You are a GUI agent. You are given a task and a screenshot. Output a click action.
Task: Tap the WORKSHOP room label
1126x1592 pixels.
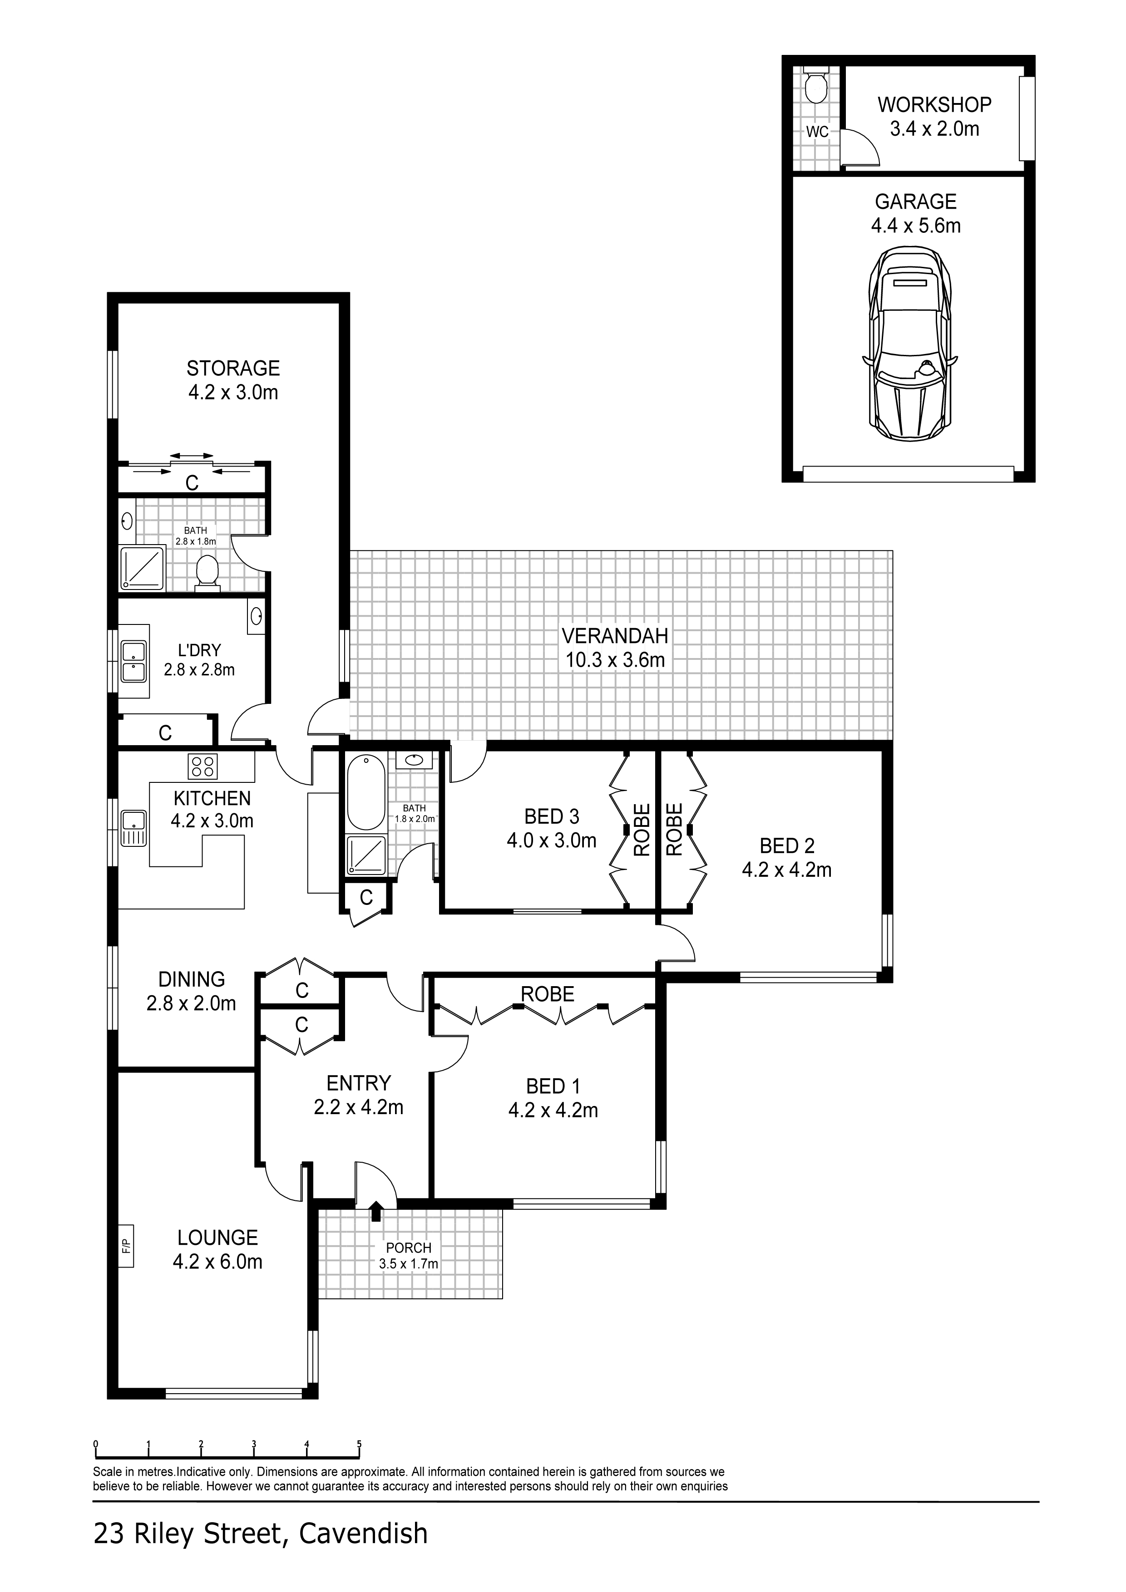(934, 105)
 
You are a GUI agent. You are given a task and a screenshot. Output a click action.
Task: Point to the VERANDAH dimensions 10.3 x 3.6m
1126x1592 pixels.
(615, 660)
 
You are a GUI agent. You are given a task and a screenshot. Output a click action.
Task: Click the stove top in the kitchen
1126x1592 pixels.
(202, 766)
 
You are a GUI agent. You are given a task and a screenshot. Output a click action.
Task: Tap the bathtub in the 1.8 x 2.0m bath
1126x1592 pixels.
(365, 792)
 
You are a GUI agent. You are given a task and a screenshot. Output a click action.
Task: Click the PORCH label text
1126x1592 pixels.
(409, 1248)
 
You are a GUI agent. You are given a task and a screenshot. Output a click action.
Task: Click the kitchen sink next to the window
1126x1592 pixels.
(133, 828)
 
